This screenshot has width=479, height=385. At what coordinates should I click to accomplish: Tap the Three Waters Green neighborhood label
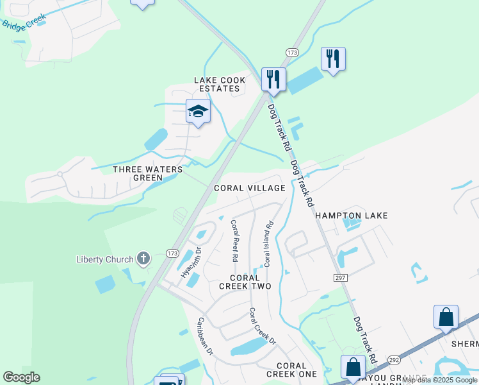148,174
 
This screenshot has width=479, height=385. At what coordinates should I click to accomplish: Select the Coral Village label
249,188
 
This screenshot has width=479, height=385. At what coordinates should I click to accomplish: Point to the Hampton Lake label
352,216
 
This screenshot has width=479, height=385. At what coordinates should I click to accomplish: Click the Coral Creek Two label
245,282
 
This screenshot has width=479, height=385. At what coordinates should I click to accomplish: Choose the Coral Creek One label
291,370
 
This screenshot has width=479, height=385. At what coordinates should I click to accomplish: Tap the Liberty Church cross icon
143,259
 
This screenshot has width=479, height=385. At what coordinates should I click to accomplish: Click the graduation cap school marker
198,112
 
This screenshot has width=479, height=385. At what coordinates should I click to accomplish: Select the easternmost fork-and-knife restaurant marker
333,59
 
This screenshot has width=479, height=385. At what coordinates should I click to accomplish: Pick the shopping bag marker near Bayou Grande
353,368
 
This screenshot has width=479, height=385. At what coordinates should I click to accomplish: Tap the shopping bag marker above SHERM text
446,317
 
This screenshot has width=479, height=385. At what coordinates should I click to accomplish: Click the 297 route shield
340,277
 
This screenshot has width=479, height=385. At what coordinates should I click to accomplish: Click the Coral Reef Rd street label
234,241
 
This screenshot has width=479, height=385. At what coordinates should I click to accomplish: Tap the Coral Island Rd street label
269,244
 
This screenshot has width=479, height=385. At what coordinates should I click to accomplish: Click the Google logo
21,377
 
